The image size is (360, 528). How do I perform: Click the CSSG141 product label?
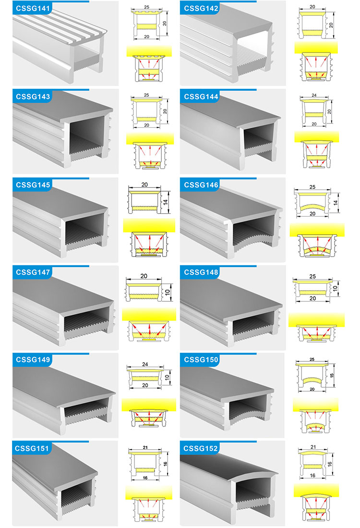[33, 9]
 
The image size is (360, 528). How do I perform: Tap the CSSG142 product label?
[201, 9]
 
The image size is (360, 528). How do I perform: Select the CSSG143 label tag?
[33, 97]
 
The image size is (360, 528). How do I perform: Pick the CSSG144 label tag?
[201, 97]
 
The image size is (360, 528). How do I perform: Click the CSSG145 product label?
[33, 185]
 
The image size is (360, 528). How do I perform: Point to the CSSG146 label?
[201, 185]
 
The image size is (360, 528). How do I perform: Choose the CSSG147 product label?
[33, 272]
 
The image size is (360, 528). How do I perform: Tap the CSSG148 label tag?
[201, 272]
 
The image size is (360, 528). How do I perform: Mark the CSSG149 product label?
[33, 360]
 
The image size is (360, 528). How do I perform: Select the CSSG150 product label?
[201, 360]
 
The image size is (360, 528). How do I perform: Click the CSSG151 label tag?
[32, 449]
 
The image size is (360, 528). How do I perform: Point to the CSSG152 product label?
[201, 449]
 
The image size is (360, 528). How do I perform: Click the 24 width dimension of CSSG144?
[314, 95]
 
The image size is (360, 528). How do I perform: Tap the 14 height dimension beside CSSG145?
[165, 202]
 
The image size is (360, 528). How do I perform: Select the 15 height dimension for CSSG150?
[332, 375]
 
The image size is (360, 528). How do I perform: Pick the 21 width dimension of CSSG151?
[145, 447]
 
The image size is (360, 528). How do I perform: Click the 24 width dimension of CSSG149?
[145, 364]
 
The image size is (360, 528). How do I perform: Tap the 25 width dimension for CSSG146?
[312, 187]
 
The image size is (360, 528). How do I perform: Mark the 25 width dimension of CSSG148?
[312, 276]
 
